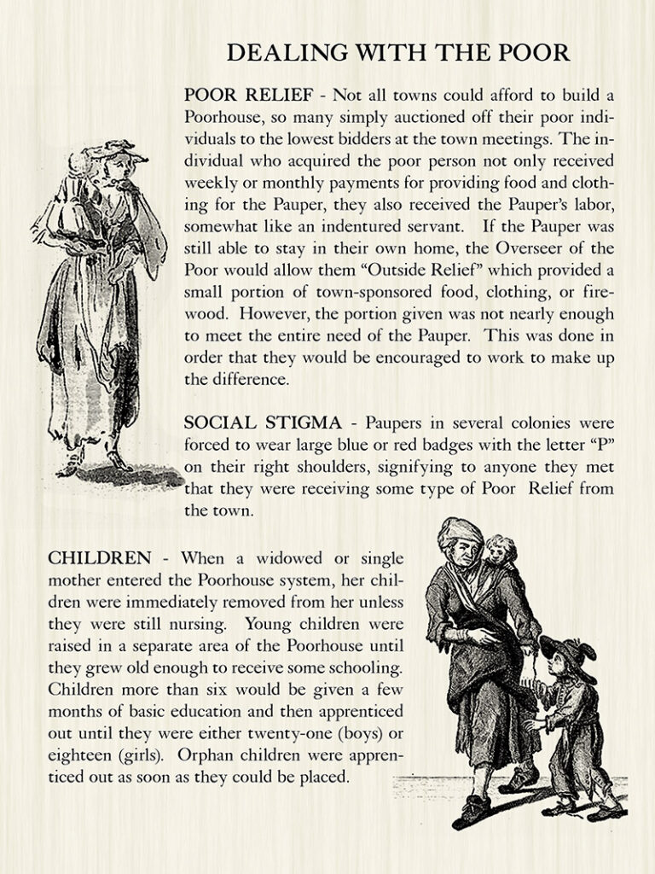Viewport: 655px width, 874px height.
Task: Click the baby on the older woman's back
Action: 501,555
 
